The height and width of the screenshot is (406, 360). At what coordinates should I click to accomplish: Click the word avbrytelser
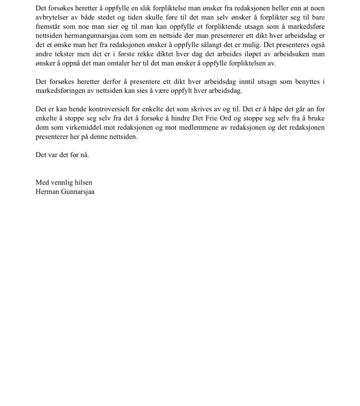51,17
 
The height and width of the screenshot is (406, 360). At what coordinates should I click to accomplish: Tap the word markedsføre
306,27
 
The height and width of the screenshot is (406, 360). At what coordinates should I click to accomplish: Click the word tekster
66,54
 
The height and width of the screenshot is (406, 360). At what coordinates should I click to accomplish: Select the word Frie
211,118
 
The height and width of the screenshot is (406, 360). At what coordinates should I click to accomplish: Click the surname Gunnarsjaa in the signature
77,192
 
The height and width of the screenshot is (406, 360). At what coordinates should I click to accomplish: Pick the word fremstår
48,27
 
